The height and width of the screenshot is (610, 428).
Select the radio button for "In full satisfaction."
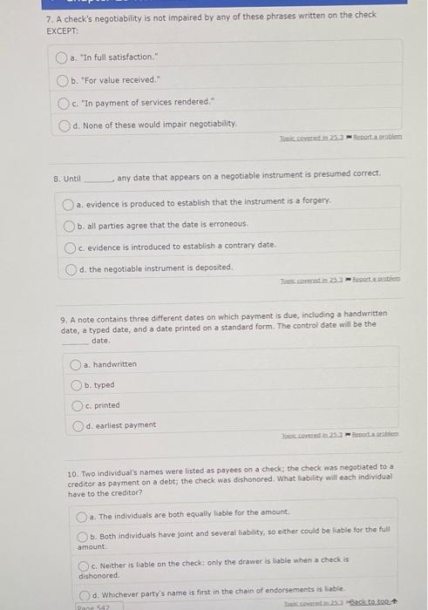[x=61, y=58]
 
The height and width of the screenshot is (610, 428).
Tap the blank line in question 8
[x=99, y=178]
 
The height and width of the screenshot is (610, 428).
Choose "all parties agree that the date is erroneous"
[x=69, y=225]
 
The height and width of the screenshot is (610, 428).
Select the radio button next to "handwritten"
[x=76, y=364]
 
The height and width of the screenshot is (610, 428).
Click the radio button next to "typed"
[x=76, y=385]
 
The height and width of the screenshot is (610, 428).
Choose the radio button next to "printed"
[x=76, y=405]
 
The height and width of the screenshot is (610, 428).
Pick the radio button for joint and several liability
[x=82, y=536]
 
